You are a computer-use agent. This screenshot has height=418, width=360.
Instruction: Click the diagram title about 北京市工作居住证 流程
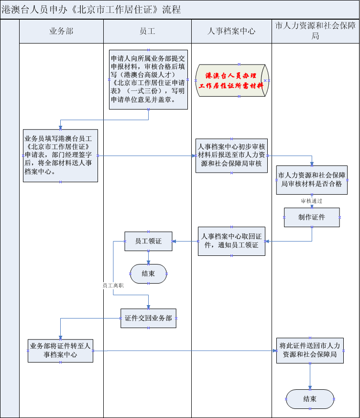click(x=91, y=10)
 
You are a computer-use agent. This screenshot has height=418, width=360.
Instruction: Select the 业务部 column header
click(x=61, y=32)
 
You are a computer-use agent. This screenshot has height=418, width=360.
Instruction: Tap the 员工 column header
click(x=147, y=32)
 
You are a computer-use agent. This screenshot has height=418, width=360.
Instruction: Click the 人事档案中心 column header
click(x=231, y=32)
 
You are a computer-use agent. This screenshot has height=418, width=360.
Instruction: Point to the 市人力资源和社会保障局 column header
click(x=316, y=31)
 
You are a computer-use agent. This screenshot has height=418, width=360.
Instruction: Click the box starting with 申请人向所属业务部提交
click(x=148, y=79)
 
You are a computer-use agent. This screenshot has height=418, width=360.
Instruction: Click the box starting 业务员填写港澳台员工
click(x=60, y=155)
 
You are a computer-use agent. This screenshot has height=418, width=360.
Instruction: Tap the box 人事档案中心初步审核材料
click(x=231, y=155)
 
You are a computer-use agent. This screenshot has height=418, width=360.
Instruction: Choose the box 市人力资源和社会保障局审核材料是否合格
click(x=312, y=180)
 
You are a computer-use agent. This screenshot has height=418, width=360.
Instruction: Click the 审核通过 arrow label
click(x=312, y=201)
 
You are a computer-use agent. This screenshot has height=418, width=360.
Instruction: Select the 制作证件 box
click(x=312, y=217)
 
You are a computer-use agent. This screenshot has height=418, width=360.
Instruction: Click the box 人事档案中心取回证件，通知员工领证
click(x=231, y=241)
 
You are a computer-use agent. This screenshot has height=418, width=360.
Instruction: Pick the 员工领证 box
click(x=149, y=241)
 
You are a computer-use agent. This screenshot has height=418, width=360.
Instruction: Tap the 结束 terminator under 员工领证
click(x=149, y=274)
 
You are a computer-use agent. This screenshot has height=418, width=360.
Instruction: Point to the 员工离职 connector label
click(x=113, y=285)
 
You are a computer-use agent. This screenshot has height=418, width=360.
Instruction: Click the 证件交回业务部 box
click(x=148, y=318)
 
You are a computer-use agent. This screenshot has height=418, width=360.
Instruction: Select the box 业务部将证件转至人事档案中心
click(x=60, y=351)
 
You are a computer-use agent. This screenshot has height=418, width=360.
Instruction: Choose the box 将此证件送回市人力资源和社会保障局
click(x=310, y=351)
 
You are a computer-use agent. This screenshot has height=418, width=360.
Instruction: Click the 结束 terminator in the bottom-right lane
click(x=310, y=399)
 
